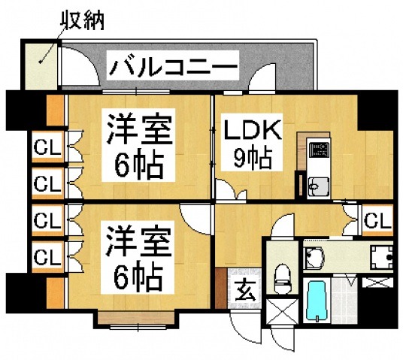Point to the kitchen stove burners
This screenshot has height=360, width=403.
point(319,147)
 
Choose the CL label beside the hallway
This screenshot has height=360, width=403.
point(377,220)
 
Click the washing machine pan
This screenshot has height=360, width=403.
point(383,258)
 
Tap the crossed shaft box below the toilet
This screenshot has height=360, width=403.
point(280,315)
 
